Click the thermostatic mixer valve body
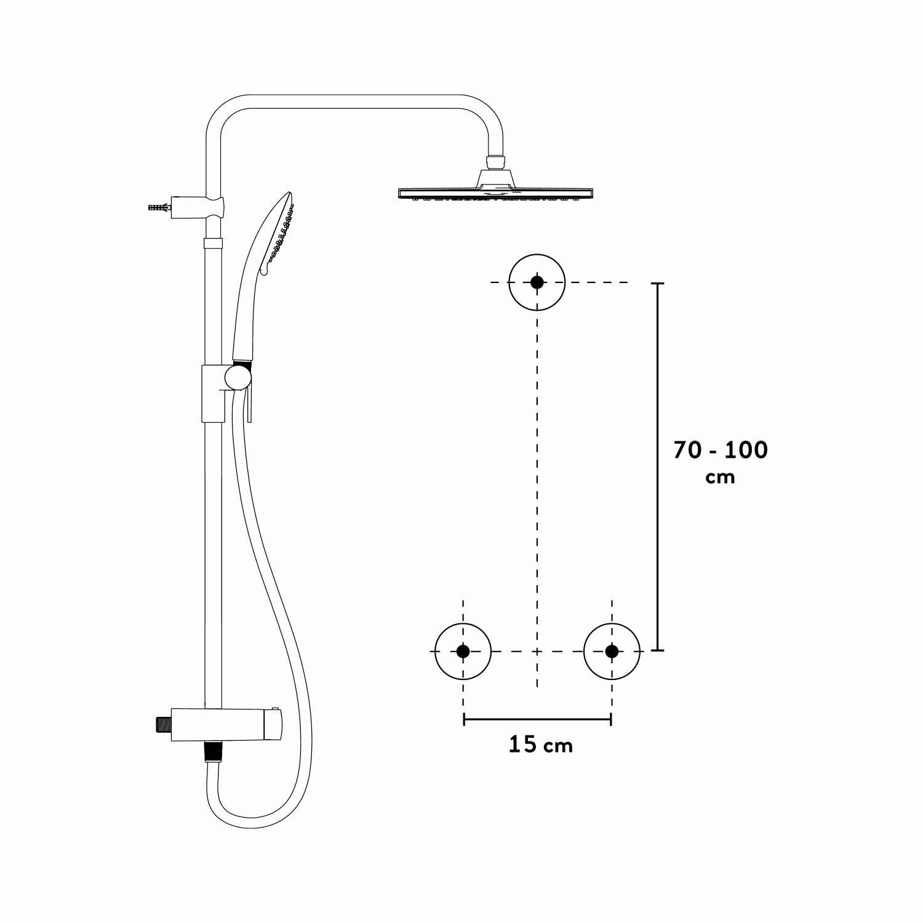click(x=228, y=725)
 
